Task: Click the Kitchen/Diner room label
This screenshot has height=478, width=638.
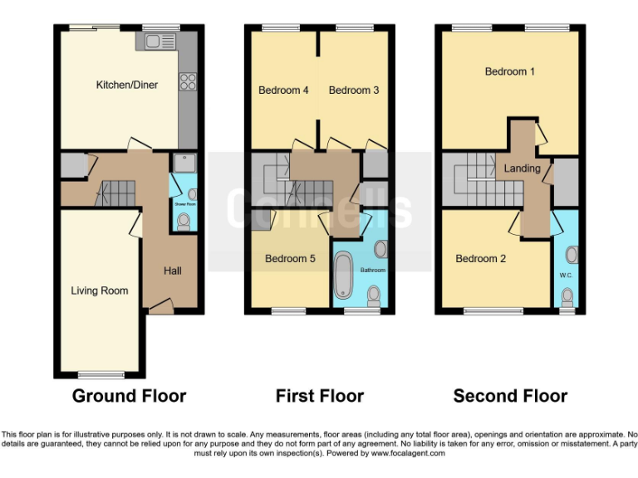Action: pos(127,85)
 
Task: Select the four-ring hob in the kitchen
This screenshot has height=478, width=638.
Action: pos(188,81)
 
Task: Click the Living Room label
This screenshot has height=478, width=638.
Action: pos(100,290)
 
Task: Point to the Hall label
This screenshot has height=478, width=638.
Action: pos(172,271)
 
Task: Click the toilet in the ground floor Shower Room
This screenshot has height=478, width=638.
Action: pos(184,221)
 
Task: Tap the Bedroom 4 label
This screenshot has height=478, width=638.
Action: pos(283,90)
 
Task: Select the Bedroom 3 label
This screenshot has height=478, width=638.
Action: pos(354,90)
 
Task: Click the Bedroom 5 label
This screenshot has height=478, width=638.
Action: pos(290,259)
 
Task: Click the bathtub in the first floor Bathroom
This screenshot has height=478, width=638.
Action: pos(342,276)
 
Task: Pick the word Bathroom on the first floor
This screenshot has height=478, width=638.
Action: pos(373,270)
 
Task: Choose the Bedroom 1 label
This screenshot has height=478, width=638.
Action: pos(510,72)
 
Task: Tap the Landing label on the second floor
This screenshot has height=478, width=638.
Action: pos(523,168)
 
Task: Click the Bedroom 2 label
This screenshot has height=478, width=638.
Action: pos(480,259)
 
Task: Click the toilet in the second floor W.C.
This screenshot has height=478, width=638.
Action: pos(568,295)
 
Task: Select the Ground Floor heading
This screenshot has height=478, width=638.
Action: pos(129,396)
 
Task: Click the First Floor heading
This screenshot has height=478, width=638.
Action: pos(320,396)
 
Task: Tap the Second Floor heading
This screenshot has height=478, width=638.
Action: pos(510,396)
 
